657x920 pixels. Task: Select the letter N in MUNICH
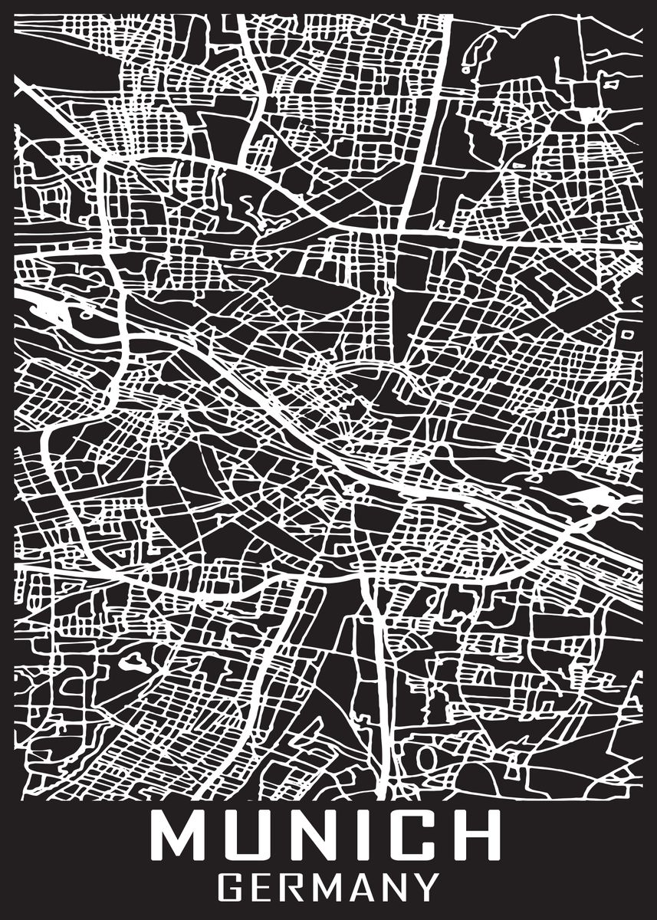314,835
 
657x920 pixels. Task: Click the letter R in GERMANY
295,889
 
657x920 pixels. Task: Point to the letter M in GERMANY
330,889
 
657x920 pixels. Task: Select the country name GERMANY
330,889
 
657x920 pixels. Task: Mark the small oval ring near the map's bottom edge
427,757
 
